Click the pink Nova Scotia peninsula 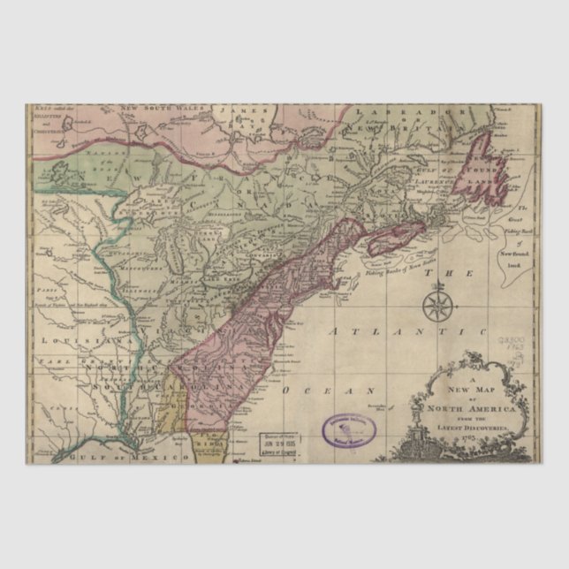pos(395,239)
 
